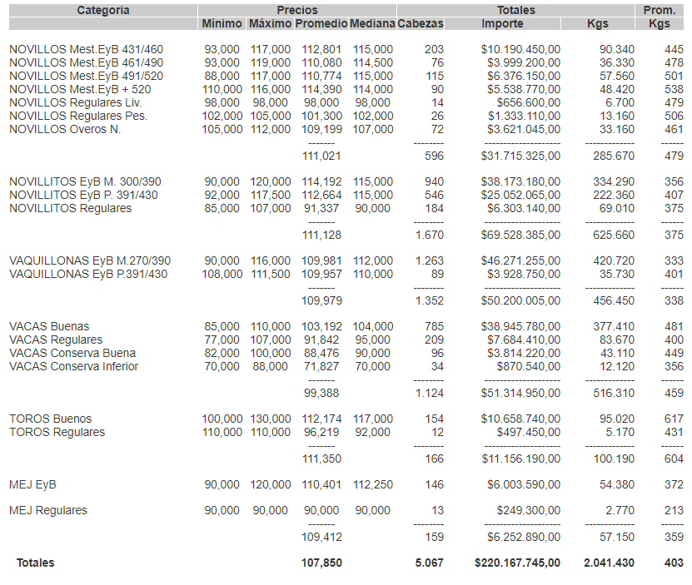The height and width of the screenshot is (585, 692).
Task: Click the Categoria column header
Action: tap(102, 10)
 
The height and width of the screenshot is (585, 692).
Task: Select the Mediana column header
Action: tap(372, 23)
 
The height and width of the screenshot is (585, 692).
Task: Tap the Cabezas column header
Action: tap(421, 23)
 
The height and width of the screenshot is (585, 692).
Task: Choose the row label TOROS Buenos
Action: tap(51, 419)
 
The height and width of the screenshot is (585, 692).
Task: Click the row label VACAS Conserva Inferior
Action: tap(74, 366)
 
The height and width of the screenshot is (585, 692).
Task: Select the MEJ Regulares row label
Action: tap(48, 510)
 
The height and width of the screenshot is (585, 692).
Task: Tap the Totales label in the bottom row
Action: tap(36, 563)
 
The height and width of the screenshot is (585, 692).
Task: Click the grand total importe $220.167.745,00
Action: tap(518, 563)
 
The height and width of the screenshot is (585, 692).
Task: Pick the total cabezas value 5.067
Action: tap(430, 563)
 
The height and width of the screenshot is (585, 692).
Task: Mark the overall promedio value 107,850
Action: tap(321, 563)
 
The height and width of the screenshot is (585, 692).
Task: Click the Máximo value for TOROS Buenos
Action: tap(271, 419)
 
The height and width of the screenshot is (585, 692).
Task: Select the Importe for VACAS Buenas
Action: tap(520, 326)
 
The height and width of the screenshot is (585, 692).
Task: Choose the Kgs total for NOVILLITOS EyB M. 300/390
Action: tap(613, 181)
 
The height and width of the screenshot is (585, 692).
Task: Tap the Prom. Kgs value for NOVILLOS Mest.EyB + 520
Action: tap(674, 89)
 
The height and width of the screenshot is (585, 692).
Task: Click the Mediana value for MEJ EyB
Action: tap(372, 484)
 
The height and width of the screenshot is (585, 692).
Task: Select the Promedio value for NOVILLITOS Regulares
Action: tap(321, 208)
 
